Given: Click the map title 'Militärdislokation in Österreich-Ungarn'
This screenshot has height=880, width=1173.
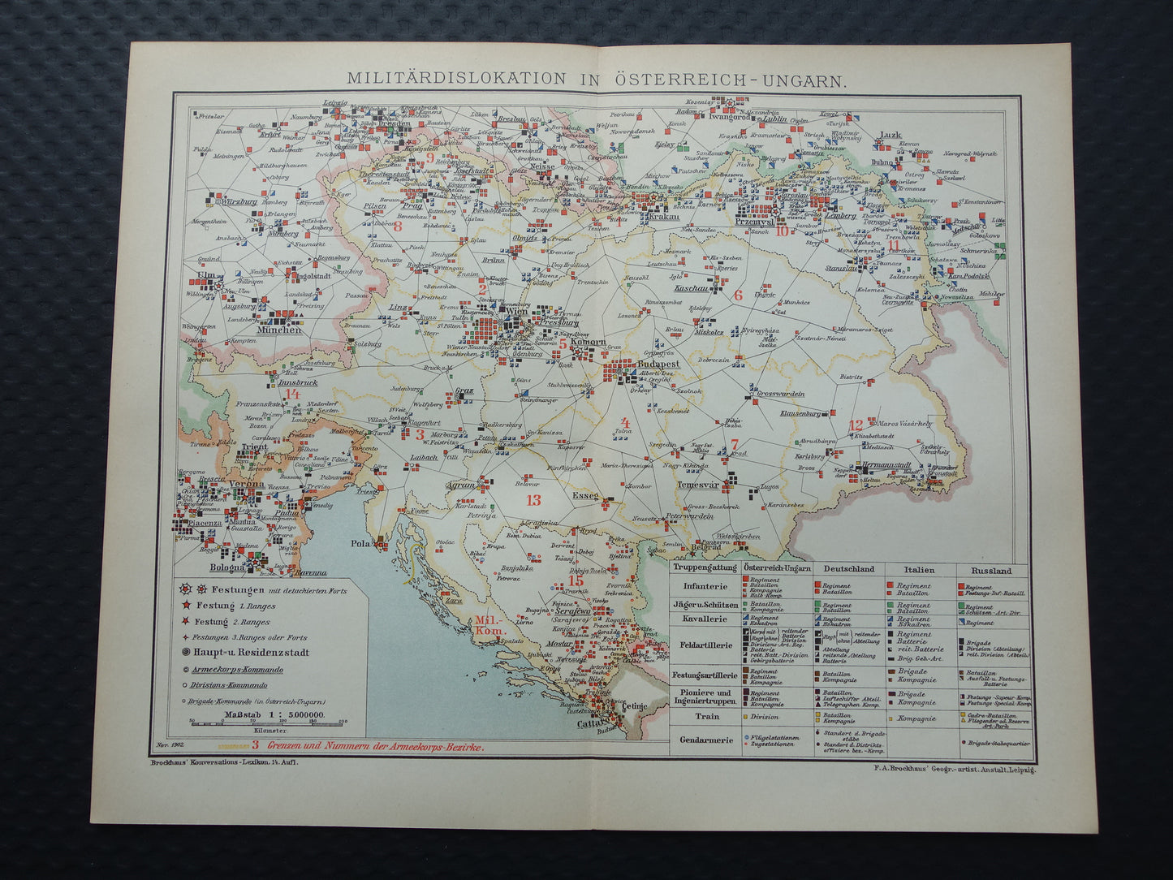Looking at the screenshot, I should [596, 79].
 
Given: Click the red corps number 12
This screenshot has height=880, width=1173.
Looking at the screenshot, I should [856, 425].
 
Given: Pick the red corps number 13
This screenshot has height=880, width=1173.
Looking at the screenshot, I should [533, 500].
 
